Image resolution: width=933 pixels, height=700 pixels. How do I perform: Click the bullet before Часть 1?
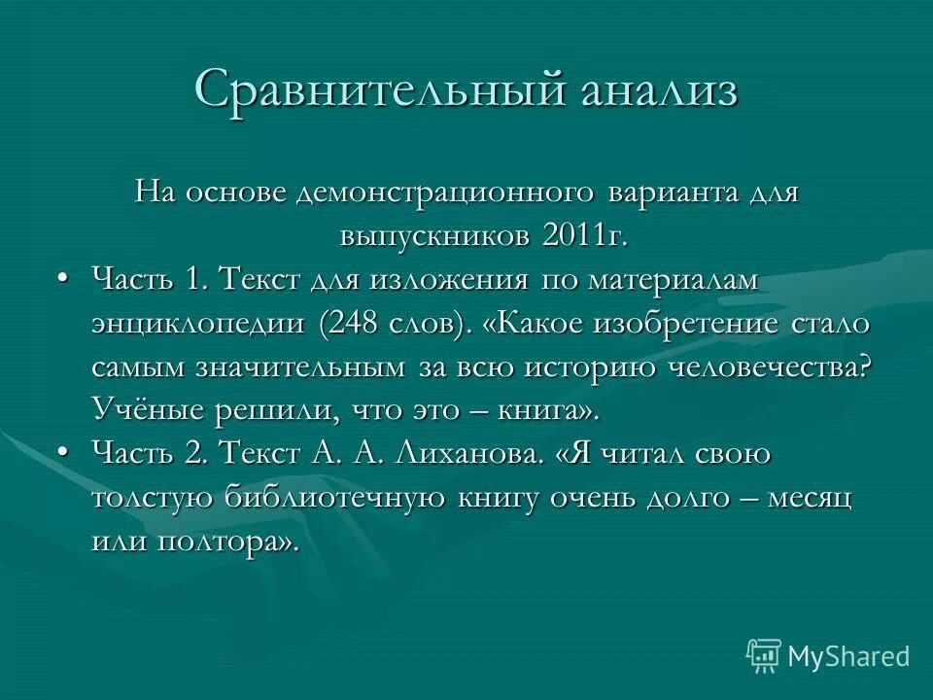tap(63, 280)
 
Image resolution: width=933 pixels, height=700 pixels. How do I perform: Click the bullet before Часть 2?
tap(63, 453)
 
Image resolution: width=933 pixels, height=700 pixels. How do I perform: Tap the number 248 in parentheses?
tap(360, 324)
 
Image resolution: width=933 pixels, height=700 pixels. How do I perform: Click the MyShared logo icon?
tap(764, 654)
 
